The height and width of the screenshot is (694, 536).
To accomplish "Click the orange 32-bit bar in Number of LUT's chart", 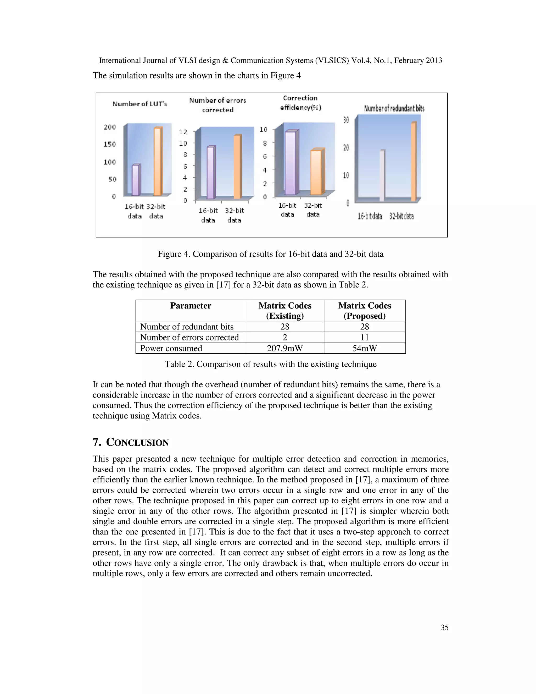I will tap(158, 162).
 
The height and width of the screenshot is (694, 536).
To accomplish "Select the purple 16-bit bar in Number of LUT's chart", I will tap(136, 180).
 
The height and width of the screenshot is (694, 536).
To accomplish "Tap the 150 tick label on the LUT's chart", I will tap(110, 144).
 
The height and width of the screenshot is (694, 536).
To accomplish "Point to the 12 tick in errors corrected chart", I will tap(183, 132).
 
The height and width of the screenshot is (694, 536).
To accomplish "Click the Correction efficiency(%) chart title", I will tap(300, 103).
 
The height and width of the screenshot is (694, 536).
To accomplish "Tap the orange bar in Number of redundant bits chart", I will tap(414, 162).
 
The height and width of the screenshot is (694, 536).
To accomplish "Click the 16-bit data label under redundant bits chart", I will tap(370, 216).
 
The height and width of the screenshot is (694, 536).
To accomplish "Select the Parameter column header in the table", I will tap(191, 306).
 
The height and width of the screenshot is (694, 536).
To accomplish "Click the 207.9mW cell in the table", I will tap(285, 348).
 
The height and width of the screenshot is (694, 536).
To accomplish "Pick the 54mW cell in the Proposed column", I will tap(365, 348).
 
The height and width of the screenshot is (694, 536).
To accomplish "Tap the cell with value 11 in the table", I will tap(365, 338).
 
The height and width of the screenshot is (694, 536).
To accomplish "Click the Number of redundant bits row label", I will tap(187, 327).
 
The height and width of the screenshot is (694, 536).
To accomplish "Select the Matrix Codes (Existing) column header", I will tap(285, 310).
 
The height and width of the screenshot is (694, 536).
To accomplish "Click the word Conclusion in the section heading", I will tap(137, 442).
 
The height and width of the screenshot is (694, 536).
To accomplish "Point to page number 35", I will tap(444, 627).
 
